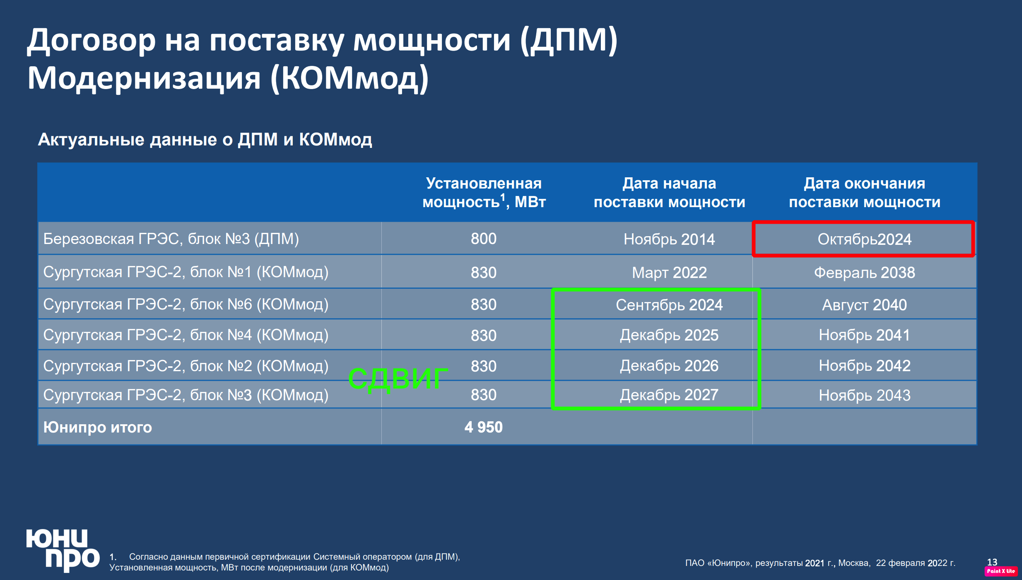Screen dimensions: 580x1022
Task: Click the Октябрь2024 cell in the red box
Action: (x=864, y=239)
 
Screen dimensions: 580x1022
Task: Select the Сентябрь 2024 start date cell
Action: (x=669, y=305)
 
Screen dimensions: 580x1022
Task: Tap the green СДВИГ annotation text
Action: (x=398, y=378)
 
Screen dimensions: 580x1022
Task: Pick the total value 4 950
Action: (x=483, y=427)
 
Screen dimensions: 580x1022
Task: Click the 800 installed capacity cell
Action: (x=483, y=239)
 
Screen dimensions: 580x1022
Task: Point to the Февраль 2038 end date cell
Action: (x=864, y=273)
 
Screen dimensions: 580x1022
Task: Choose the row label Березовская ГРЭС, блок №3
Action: (x=171, y=239)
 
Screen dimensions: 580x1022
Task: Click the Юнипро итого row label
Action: (x=98, y=427)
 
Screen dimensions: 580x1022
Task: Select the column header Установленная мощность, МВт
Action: (x=484, y=192)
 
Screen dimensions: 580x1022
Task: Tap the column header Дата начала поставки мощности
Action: (x=669, y=192)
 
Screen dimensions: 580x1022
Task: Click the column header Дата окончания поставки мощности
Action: (x=864, y=192)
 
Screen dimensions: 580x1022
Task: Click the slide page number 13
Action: (x=992, y=562)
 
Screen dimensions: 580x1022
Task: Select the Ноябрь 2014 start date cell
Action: (x=669, y=239)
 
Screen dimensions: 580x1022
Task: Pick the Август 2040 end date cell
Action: (x=864, y=305)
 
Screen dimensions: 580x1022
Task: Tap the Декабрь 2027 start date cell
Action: (x=669, y=395)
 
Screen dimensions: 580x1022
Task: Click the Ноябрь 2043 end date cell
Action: (x=864, y=395)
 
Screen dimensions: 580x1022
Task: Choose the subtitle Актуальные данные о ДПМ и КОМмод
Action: (x=205, y=140)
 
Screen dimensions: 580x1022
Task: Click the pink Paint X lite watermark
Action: (x=1001, y=571)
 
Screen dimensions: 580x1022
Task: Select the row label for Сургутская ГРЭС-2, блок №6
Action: (x=186, y=304)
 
